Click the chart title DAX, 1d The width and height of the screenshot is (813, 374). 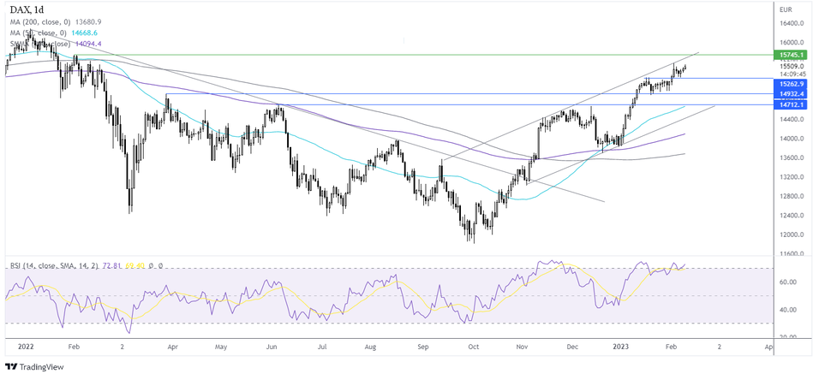27,9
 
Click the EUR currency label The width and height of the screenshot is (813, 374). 785,9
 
